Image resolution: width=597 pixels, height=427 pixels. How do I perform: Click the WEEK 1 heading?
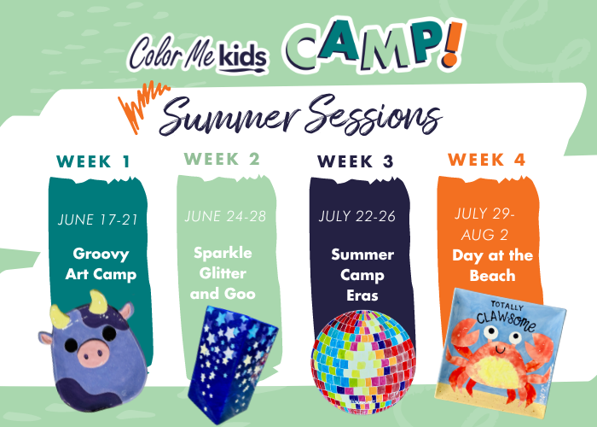(x=93, y=161)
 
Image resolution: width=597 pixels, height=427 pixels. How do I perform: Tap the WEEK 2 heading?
(x=222, y=159)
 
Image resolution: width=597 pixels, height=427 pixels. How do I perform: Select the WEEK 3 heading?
(x=356, y=161)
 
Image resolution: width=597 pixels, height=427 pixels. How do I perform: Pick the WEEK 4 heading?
(x=487, y=160)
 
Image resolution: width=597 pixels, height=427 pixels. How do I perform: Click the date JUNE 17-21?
(x=97, y=219)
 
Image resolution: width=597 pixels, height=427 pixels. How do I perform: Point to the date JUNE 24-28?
(x=225, y=216)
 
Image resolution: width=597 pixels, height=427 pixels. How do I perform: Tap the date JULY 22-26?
(x=357, y=216)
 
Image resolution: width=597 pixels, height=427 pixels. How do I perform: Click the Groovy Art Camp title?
(x=101, y=264)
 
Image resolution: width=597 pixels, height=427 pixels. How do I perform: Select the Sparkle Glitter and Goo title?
(x=223, y=273)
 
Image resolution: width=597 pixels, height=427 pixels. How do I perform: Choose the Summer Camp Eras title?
(x=362, y=275)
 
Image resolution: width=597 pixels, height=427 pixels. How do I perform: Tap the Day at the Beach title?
(x=492, y=266)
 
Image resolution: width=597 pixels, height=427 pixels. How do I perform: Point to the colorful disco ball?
(x=363, y=362)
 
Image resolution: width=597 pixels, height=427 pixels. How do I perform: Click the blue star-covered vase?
(x=232, y=364)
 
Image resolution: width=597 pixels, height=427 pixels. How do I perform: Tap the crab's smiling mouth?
(x=500, y=349)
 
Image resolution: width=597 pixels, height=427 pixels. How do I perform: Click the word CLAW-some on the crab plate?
(x=507, y=321)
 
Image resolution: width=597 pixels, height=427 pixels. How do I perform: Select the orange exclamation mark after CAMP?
(x=452, y=44)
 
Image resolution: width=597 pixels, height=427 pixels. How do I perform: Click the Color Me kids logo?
(x=198, y=56)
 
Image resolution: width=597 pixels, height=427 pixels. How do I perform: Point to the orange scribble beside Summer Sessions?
(x=142, y=106)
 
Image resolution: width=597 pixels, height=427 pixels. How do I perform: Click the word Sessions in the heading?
(x=374, y=114)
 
